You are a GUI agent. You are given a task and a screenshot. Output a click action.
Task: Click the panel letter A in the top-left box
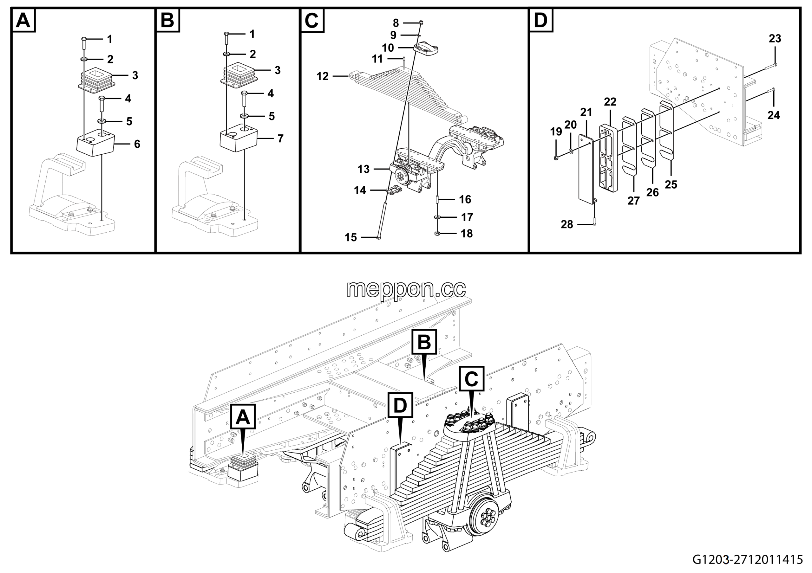(x=23, y=21)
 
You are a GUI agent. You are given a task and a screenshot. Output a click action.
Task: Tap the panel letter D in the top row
(x=541, y=21)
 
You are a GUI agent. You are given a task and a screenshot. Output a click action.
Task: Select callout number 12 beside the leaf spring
(x=323, y=76)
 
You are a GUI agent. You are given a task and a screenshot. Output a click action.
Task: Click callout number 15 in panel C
(x=351, y=237)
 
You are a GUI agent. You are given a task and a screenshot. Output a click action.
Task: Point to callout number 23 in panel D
(x=775, y=38)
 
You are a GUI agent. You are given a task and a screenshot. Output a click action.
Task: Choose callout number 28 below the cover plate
(x=567, y=224)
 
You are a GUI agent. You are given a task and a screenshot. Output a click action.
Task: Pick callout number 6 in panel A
(x=137, y=144)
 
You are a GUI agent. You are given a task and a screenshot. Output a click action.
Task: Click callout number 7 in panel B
(x=280, y=138)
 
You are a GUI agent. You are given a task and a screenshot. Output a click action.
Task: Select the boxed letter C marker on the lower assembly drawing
(x=471, y=379)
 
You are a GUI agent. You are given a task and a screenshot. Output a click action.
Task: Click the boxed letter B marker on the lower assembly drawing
(x=424, y=342)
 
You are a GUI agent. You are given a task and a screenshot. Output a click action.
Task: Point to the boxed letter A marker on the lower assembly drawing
(x=243, y=417)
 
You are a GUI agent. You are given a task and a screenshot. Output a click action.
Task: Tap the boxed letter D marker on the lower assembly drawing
(x=400, y=405)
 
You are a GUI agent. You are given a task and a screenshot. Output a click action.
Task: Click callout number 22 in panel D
(x=610, y=102)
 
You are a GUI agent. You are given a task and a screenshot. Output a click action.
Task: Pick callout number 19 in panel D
(x=556, y=132)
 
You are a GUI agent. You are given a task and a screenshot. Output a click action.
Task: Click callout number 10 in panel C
(x=388, y=48)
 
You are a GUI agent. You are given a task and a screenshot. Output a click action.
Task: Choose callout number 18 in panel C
(x=467, y=234)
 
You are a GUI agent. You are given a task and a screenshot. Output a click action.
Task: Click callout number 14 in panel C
(x=360, y=190)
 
